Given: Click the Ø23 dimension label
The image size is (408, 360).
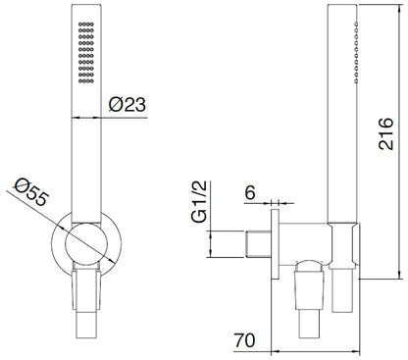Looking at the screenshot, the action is point(127,105).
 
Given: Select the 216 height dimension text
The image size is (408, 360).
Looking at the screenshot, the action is point(385,133).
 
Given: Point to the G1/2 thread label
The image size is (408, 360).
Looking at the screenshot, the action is point(199,202).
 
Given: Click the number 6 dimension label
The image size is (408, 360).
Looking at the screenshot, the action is point(250,192).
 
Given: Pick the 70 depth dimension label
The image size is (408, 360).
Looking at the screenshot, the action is point(244,340).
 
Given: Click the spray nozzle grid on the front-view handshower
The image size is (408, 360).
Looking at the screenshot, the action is point(86,52).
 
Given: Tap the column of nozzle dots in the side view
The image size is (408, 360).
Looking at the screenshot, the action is point(356,52).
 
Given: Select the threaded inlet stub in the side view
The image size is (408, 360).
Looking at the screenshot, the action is point(258,244).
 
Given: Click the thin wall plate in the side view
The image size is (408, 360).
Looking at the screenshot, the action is point(275,244).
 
